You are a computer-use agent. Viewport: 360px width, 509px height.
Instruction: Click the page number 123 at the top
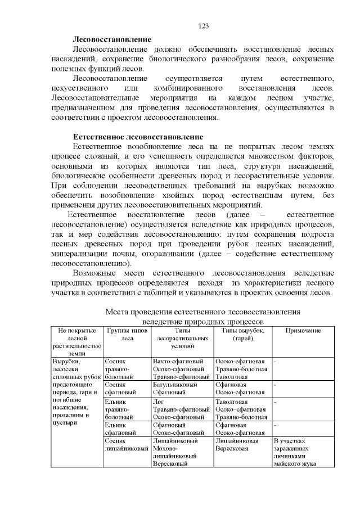click(x=204, y=26)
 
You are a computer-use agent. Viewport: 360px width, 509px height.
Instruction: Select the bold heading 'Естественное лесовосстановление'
click(x=138, y=137)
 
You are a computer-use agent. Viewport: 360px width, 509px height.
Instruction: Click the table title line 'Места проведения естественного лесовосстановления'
click(x=203, y=311)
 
